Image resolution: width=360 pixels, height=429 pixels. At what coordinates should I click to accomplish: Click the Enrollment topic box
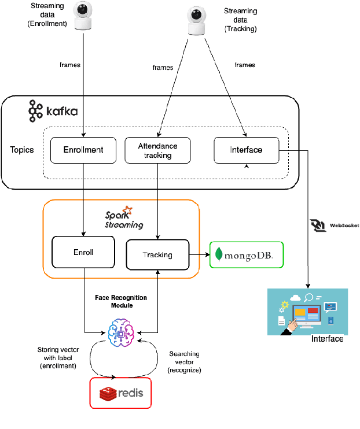click(83, 150)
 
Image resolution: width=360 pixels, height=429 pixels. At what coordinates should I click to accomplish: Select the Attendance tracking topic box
click(158, 150)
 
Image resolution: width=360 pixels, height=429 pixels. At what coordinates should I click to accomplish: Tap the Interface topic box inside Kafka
click(246, 150)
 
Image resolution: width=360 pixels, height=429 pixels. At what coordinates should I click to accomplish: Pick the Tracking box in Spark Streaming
click(157, 254)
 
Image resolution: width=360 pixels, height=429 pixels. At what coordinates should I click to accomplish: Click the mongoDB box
click(246, 254)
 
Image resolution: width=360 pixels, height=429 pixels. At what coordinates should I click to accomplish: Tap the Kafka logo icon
click(36, 110)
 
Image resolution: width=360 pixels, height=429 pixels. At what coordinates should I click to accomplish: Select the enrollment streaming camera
click(85, 15)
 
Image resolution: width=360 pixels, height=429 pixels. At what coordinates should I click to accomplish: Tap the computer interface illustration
click(307, 312)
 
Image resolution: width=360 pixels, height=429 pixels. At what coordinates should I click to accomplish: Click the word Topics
click(22, 150)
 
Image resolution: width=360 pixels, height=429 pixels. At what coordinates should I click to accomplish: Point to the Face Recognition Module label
click(120, 301)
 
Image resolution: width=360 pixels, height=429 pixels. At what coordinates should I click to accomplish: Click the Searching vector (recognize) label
click(184, 362)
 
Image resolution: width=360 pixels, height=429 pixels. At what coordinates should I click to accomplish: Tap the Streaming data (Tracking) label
click(240, 20)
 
